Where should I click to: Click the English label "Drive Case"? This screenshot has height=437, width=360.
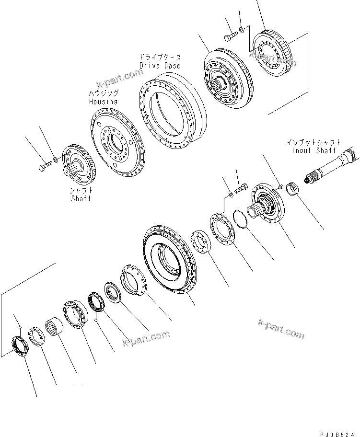pos(160,65)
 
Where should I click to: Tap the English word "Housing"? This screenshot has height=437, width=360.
pos(103,102)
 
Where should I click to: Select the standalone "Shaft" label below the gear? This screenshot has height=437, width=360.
pos(80,198)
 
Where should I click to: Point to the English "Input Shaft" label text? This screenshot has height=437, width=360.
pos(314,150)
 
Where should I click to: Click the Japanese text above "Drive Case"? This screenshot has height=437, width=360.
pos(160,56)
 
